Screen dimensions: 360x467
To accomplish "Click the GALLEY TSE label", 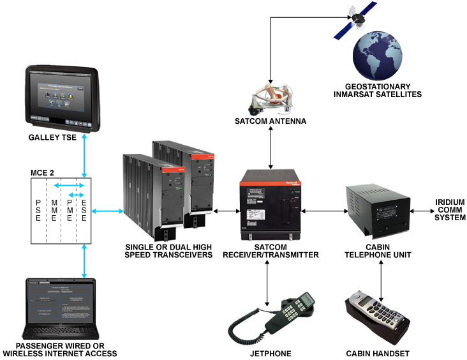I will tap(58, 137).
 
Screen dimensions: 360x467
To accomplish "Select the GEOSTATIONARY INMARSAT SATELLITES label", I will tap(377, 90).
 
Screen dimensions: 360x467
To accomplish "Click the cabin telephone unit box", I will tap(378, 211).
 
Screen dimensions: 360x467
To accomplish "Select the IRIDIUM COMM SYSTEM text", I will tap(450, 210).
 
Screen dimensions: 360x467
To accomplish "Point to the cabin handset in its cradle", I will tap(376, 316).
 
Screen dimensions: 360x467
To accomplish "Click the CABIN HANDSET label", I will tap(377, 354).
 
